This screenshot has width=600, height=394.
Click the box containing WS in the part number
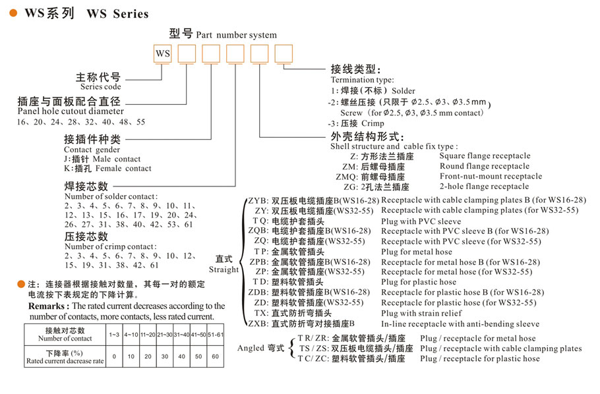[x=163, y=53]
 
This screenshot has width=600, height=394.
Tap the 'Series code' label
[x=101, y=86]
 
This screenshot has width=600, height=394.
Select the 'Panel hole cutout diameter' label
[x=71, y=111]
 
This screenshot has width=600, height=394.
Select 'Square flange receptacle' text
[x=485, y=156]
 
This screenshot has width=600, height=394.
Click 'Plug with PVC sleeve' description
[x=421, y=221]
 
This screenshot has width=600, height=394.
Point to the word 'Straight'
[x=224, y=269]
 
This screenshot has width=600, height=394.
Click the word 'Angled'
[x=251, y=348]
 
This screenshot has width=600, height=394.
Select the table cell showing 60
[x=215, y=356]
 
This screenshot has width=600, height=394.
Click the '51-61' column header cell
[x=215, y=335]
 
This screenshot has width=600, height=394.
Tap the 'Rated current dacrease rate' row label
[x=65, y=361]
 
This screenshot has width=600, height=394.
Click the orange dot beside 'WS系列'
[x=13, y=13]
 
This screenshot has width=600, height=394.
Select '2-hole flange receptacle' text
[x=483, y=186]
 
